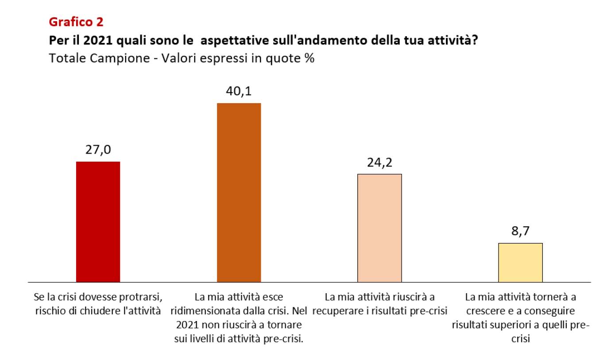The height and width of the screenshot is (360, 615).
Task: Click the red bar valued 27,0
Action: click(98, 221)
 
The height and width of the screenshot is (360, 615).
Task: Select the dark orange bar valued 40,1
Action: click(239, 192)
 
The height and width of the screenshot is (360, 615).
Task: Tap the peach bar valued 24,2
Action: click(379, 228)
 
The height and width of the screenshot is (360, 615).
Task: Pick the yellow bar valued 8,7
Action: click(520, 262)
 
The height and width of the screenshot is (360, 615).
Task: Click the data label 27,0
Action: click(98, 151)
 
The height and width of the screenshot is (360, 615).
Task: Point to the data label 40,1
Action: click(239, 92)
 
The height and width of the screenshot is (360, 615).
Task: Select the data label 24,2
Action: click(379, 163)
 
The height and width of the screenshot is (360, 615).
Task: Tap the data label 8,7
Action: click(520, 232)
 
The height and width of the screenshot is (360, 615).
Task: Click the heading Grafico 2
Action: click(76, 21)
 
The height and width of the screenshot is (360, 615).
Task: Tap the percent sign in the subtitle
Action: click(309, 58)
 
